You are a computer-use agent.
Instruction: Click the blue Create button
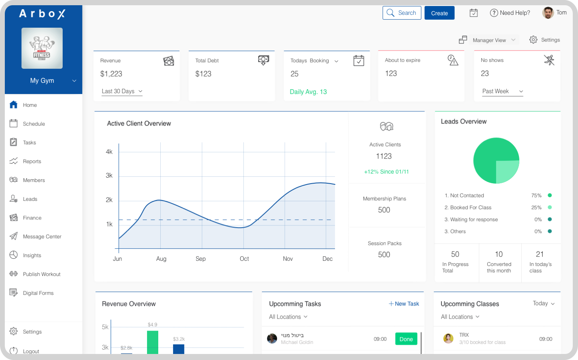coord(439,13)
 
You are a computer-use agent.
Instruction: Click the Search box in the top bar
coord(402,13)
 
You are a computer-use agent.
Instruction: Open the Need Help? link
coord(510,13)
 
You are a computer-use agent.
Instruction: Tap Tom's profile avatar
coord(548,13)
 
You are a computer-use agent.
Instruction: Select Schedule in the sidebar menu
coord(34,124)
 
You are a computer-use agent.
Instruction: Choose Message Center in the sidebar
coord(42,237)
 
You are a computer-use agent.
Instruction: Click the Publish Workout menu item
coord(41,274)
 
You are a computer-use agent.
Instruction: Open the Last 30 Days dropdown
coord(122,91)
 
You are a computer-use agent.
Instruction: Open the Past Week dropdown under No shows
coord(502,91)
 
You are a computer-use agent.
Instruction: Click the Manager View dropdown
coord(494,40)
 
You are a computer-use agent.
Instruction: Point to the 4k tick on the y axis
coord(109,152)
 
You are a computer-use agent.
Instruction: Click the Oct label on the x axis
coord(244,259)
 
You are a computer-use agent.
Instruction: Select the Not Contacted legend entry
coord(467,196)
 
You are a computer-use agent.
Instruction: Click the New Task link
coord(404,304)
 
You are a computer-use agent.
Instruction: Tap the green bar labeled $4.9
coord(153,342)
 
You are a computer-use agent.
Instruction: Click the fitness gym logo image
coord(42,48)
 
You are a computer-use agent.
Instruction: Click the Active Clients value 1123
coord(384,156)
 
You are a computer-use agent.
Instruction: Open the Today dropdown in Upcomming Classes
coord(543,303)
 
